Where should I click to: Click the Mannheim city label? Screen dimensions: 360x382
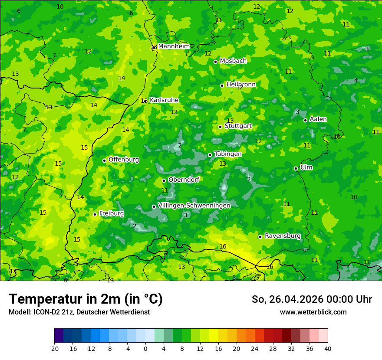click(x=174, y=46)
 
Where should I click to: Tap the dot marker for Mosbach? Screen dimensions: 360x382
click(x=215, y=62)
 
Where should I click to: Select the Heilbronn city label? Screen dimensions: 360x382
click(x=241, y=84)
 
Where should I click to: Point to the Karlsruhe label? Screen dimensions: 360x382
click(x=164, y=100)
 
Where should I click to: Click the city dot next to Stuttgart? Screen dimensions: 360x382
click(x=221, y=127)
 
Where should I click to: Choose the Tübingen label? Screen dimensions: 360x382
click(x=228, y=154)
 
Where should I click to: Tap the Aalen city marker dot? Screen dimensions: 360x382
click(x=305, y=120)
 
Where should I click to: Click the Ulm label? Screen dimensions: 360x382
click(x=306, y=167)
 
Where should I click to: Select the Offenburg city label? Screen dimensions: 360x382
click(x=124, y=159)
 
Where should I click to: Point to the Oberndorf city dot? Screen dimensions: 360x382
click(x=164, y=180)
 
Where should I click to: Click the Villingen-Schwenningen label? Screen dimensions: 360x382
click(x=194, y=205)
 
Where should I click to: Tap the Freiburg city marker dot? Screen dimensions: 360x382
click(x=95, y=214)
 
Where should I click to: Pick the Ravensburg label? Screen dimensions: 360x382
click(x=283, y=236)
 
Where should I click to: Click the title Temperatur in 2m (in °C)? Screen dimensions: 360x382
click(x=86, y=299)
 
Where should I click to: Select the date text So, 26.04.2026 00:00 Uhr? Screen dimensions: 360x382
click(x=312, y=299)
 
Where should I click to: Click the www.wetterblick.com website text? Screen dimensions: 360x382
click(x=313, y=312)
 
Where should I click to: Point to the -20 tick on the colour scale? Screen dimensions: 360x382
click(x=54, y=348)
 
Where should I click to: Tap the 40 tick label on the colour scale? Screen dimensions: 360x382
click(x=328, y=348)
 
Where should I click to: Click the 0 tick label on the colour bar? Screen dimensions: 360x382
click(x=145, y=348)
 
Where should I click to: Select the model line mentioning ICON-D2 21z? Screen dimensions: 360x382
click(x=79, y=312)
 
